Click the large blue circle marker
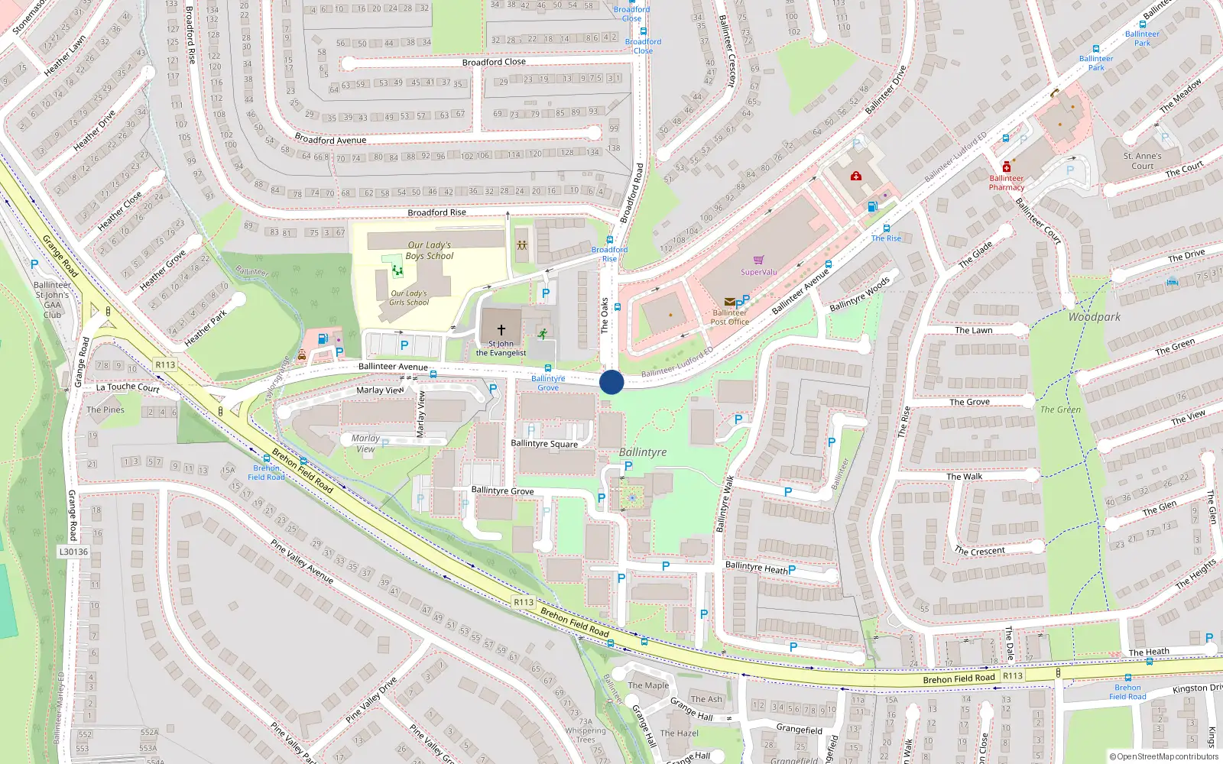[x=611, y=382]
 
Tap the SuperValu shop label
[x=758, y=272]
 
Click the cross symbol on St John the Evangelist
[x=501, y=330]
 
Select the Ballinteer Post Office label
[x=729, y=317]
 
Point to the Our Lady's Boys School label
[x=429, y=251]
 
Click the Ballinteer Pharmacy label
[x=1006, y=183]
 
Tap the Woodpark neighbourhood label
[x=1094, y=317]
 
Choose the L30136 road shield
[x=73, y=552]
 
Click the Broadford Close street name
[x=494, y=62]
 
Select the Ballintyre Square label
[x=544, y=443]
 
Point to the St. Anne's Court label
[x=1142, y=160]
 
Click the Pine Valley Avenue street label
[x=302, y=562]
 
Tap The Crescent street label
[x=979, y=551]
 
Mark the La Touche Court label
[x=128, y=387]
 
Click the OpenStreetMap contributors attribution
[x=1164, y=757]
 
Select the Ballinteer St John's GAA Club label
[x=52, y=299]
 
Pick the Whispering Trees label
[x=586, y=735]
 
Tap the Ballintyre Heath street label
[x=756, y=567]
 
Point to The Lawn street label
[x=973, y=330]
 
